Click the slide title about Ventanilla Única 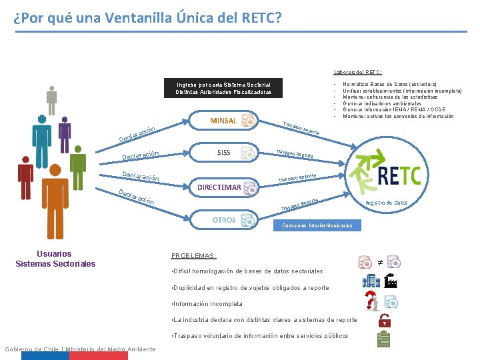[147, 17]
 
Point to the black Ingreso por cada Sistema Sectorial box [223, 88]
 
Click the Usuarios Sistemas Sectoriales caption [55, 259]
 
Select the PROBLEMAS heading [194, 255]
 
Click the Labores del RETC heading [357, 72]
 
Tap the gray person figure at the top [52, 99]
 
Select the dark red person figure [26, 177]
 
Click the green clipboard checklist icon [383, 339]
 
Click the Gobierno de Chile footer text [80, 349]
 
